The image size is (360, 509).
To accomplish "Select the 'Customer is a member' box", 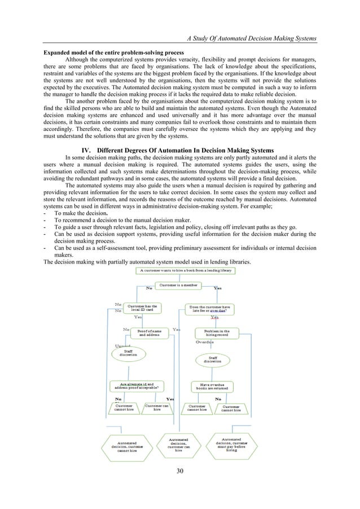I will [182, 286].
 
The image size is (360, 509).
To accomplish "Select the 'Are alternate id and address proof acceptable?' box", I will [138, 386].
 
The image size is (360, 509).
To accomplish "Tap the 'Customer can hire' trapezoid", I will [157, 407].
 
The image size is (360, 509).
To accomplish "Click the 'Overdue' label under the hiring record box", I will [204, 342].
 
